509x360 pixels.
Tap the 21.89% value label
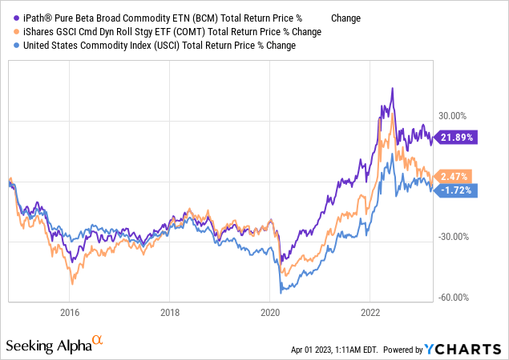[x=455, y=137]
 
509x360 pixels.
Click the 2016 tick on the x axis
[x=70, y=312]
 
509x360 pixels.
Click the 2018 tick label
[x=169, y=312]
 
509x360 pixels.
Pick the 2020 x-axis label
[x=269, y=312]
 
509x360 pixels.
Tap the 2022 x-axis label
[x=370, y=312]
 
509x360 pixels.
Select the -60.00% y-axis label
[x=453, y=297]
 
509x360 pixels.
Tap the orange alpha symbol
[x=98, y=340]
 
